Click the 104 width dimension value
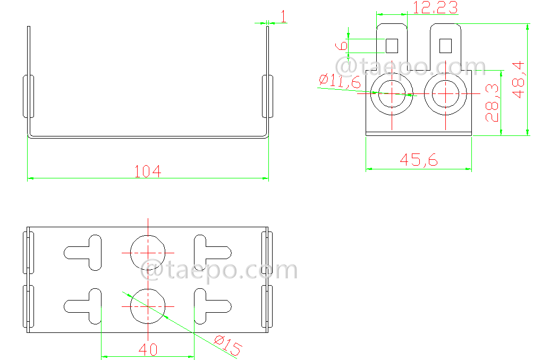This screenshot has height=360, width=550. [x=147, y=171]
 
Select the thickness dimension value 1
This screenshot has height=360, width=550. [x=283, y=16]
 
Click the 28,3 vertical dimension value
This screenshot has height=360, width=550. [x=492, y=102]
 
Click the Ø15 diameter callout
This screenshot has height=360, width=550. [x=227, y=346]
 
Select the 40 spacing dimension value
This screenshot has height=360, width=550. [x=148, y=349]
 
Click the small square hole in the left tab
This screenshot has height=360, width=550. [x=392, y=46]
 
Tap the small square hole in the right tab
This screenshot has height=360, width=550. [x=445, y=46]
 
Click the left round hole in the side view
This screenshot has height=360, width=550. [x=392, y=93]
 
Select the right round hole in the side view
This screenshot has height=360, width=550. [x=445, y=93]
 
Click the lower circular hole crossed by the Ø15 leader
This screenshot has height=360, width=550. [x=148, y=306]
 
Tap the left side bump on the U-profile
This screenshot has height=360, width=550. [x=28, y=96]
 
